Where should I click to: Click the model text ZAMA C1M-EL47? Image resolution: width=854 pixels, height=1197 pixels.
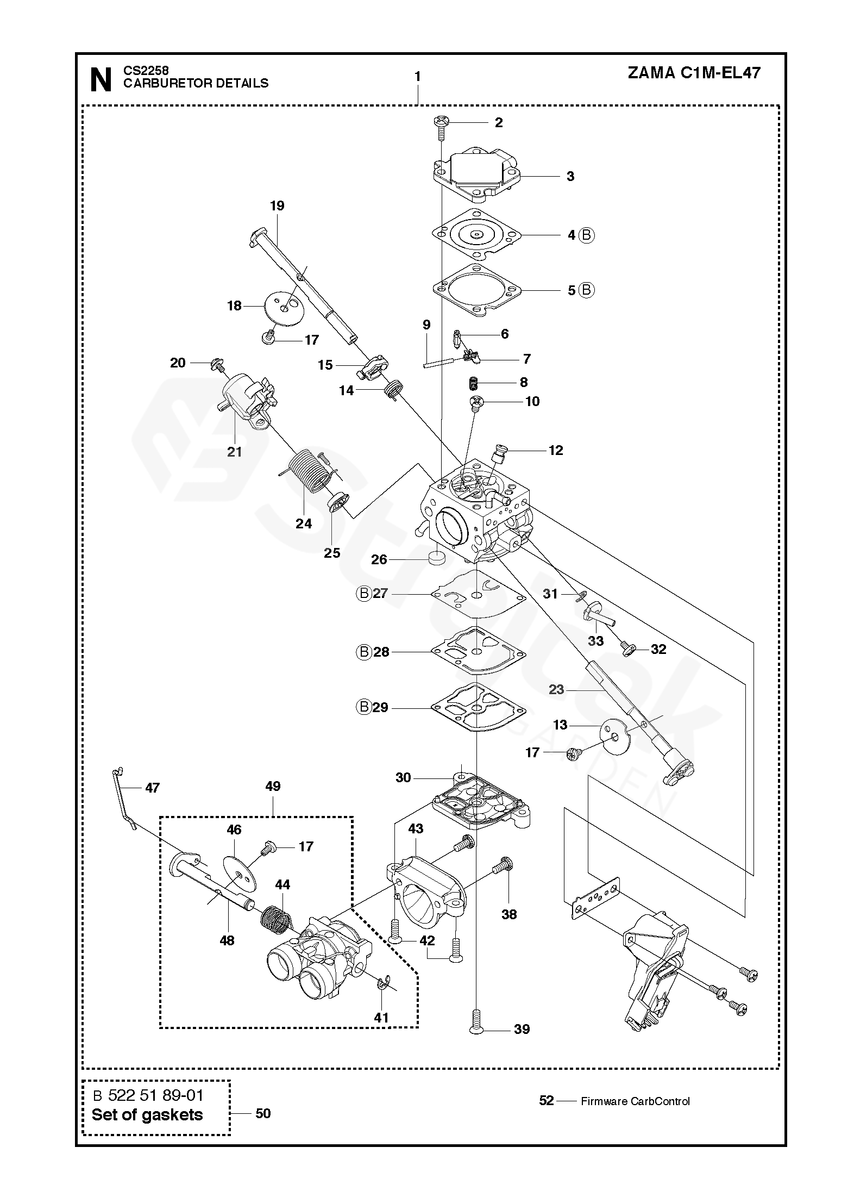694,73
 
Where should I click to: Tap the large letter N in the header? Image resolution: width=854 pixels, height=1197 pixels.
101,80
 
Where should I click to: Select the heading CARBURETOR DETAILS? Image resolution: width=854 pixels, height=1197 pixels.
196,83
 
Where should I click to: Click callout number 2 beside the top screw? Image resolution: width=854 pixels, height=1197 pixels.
498,123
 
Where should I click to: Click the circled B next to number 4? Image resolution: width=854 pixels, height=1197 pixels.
586,235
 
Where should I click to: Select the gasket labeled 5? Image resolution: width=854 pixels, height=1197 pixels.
476,291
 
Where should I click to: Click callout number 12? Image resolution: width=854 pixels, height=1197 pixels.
556,450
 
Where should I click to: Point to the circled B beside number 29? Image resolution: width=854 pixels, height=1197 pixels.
364,707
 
